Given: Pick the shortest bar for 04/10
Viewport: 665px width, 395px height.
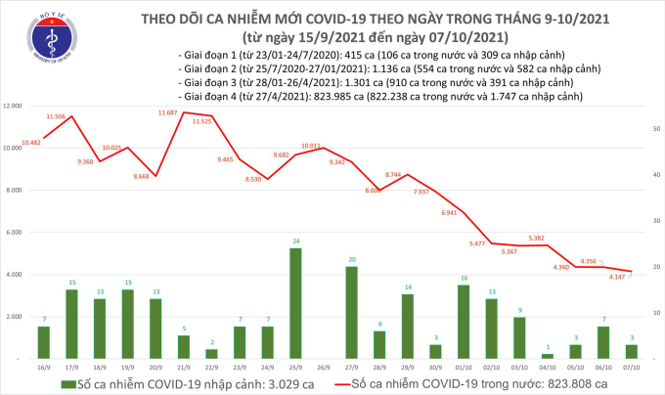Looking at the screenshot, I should (548, 355).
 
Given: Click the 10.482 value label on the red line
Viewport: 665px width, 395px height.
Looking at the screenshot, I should (29, 143).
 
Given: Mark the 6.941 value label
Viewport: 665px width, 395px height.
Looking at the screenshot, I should (450, 212).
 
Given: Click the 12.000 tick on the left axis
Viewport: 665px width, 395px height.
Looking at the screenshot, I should (16, 106).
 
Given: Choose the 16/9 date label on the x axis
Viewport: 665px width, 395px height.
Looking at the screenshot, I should (43, 368).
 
